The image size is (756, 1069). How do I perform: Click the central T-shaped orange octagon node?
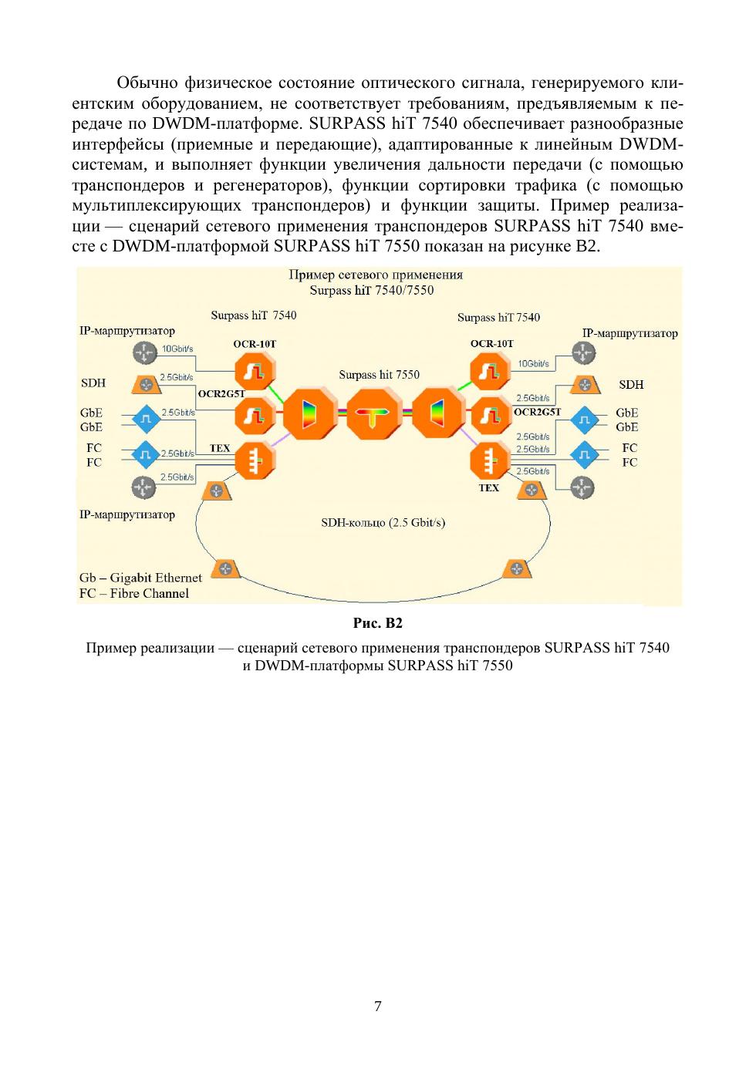373,416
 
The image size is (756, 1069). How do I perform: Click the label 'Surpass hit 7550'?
379,375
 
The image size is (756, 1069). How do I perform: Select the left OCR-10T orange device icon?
255,372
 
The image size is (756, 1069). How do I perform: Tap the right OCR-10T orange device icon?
490,371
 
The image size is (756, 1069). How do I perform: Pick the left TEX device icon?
255,461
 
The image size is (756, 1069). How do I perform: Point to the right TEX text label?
488,487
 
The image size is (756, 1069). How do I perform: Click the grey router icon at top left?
144,354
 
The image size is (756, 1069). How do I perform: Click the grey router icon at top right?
583,353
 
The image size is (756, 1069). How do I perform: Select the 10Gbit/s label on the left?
177,349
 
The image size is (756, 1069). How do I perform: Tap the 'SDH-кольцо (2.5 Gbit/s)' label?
383,522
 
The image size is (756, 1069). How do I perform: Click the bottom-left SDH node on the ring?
225,569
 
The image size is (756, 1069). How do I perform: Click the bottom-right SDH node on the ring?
516,569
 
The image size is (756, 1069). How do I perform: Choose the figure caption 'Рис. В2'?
378,623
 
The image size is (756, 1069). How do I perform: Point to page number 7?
377,1006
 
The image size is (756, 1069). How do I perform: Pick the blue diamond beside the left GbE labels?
145,419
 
